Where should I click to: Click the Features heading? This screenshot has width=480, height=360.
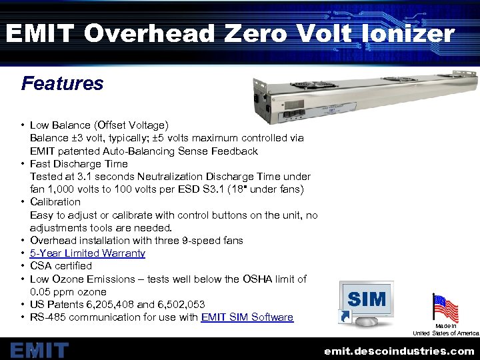click(62, 84)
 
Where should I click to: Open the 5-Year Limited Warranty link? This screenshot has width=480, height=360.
click(87, 253)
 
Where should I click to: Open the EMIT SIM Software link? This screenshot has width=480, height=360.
click(247, 317)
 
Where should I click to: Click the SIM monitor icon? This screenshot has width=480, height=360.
click(366, 303)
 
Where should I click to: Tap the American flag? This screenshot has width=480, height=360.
click(445, 308)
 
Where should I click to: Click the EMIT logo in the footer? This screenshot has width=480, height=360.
click(39, 349)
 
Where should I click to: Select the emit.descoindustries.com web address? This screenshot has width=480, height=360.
click(399, 350)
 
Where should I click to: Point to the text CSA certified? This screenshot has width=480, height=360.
click(61, 266)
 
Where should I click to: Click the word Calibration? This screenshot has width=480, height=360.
click(55, 202)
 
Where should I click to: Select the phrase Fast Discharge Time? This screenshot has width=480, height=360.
click(79, 164)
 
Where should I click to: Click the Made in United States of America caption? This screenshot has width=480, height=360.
click(446, 329)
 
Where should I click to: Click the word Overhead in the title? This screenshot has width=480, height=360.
click(142, 33)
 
